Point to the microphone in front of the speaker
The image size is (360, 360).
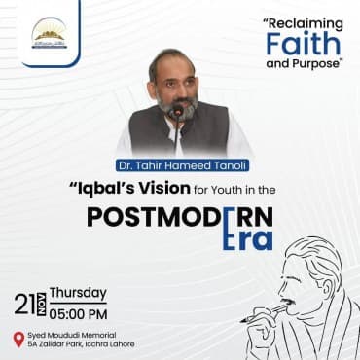[177, 111]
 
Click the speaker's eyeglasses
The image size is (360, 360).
[177, 78]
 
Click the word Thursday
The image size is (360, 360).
[79, 292]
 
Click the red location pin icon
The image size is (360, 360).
[18, 339]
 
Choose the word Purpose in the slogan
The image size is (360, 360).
[312, 64]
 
